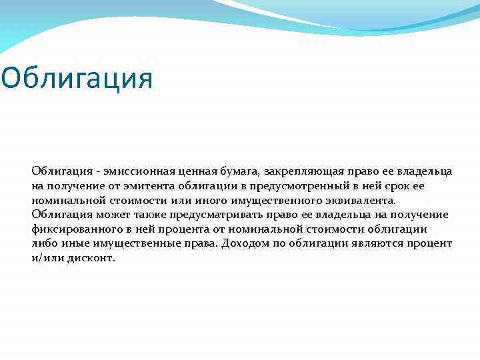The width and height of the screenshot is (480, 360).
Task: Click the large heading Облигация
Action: coord(77,78)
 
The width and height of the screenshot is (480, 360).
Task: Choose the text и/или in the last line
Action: coord(45,257)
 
